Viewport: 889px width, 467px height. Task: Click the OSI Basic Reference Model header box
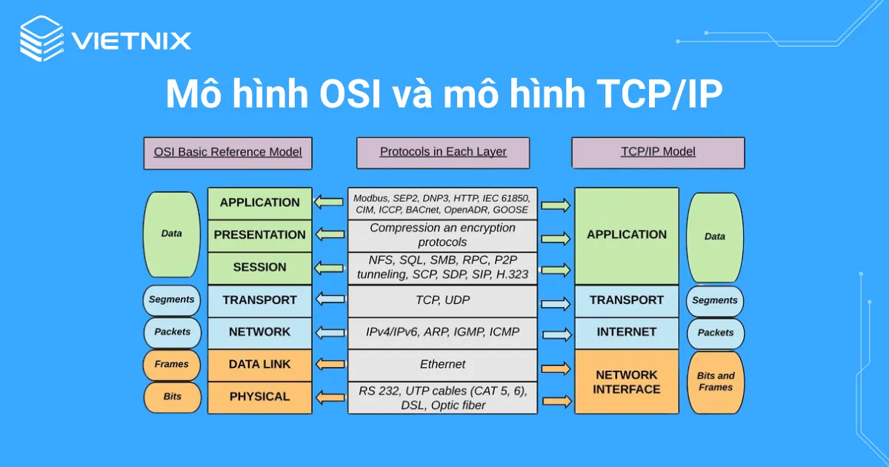[x=227, y=152]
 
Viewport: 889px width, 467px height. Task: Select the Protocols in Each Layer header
[x=443, y=152]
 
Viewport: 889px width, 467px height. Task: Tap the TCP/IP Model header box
[x=658, y=152]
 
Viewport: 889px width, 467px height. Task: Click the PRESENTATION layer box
[x=259, y=235]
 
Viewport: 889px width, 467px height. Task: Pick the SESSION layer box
[x=259, y=268]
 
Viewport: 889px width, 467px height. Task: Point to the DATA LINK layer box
[x=259, y=365]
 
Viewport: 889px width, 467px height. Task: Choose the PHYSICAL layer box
[x=259, y=397]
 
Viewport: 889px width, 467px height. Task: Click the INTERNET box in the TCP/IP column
[x=627, y=332]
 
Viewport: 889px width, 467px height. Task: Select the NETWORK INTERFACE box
[x=627, y=382]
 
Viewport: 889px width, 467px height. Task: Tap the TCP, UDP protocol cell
[x=443, y=300]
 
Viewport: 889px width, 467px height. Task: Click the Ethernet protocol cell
[x=443, y=365]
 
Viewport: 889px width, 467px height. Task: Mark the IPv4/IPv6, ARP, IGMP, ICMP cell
[x=443, y=332]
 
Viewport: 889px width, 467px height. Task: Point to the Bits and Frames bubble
[x=716, y=382]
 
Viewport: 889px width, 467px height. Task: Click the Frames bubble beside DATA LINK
[x=172, y=365]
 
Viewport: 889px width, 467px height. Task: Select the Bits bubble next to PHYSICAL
[x=172, y=397]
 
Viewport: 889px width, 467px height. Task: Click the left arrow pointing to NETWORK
[x=330, y=332]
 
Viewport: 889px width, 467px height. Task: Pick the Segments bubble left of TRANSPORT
[x=172, y=300]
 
